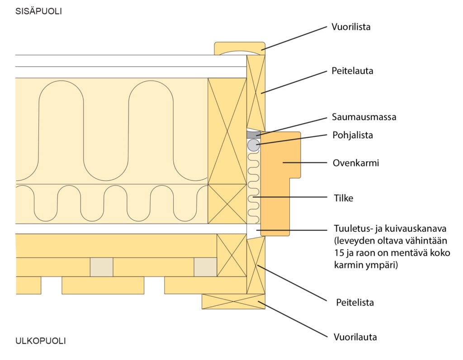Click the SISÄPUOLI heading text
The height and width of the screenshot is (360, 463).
pyautogui.click(x=38, y=12)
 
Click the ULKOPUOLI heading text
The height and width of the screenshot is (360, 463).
pyautogui.click(x=40, y=341)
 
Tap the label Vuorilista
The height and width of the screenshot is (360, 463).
pyautogui.click(x=350, y=27)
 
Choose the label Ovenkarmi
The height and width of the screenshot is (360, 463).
pyautogui.click(x=355, y=163)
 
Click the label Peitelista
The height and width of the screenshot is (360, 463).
pyautogui.click(x=355, y=303)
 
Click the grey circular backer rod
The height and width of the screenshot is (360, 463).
pyautogui.click(x=253, y=145)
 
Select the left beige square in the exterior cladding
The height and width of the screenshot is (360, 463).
pyautogui.click(x=101, y=267)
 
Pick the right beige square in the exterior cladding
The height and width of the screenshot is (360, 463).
pyautogui.click(x=205, y=267)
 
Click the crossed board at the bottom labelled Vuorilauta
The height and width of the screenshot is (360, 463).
pyautogui.click(x=233, y=301)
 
